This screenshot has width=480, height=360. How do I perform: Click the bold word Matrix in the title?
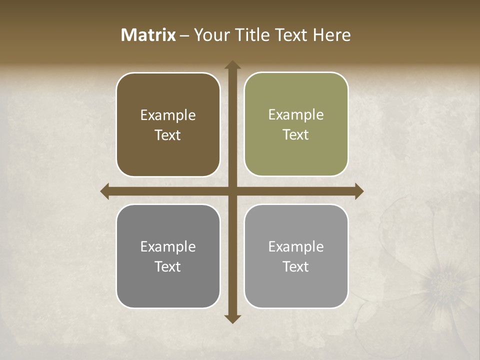(148, 35)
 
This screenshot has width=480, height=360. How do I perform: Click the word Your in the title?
(209, 35)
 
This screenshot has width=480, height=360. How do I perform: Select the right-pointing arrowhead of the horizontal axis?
(358, 191)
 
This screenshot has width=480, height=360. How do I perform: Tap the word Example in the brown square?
(168, 115)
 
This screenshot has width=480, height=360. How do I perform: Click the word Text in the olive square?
(296, 135)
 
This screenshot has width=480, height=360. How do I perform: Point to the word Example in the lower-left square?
(168, 247)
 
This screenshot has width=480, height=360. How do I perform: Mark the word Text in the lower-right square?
(296, 266)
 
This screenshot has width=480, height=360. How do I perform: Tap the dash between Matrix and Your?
(184, 35)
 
